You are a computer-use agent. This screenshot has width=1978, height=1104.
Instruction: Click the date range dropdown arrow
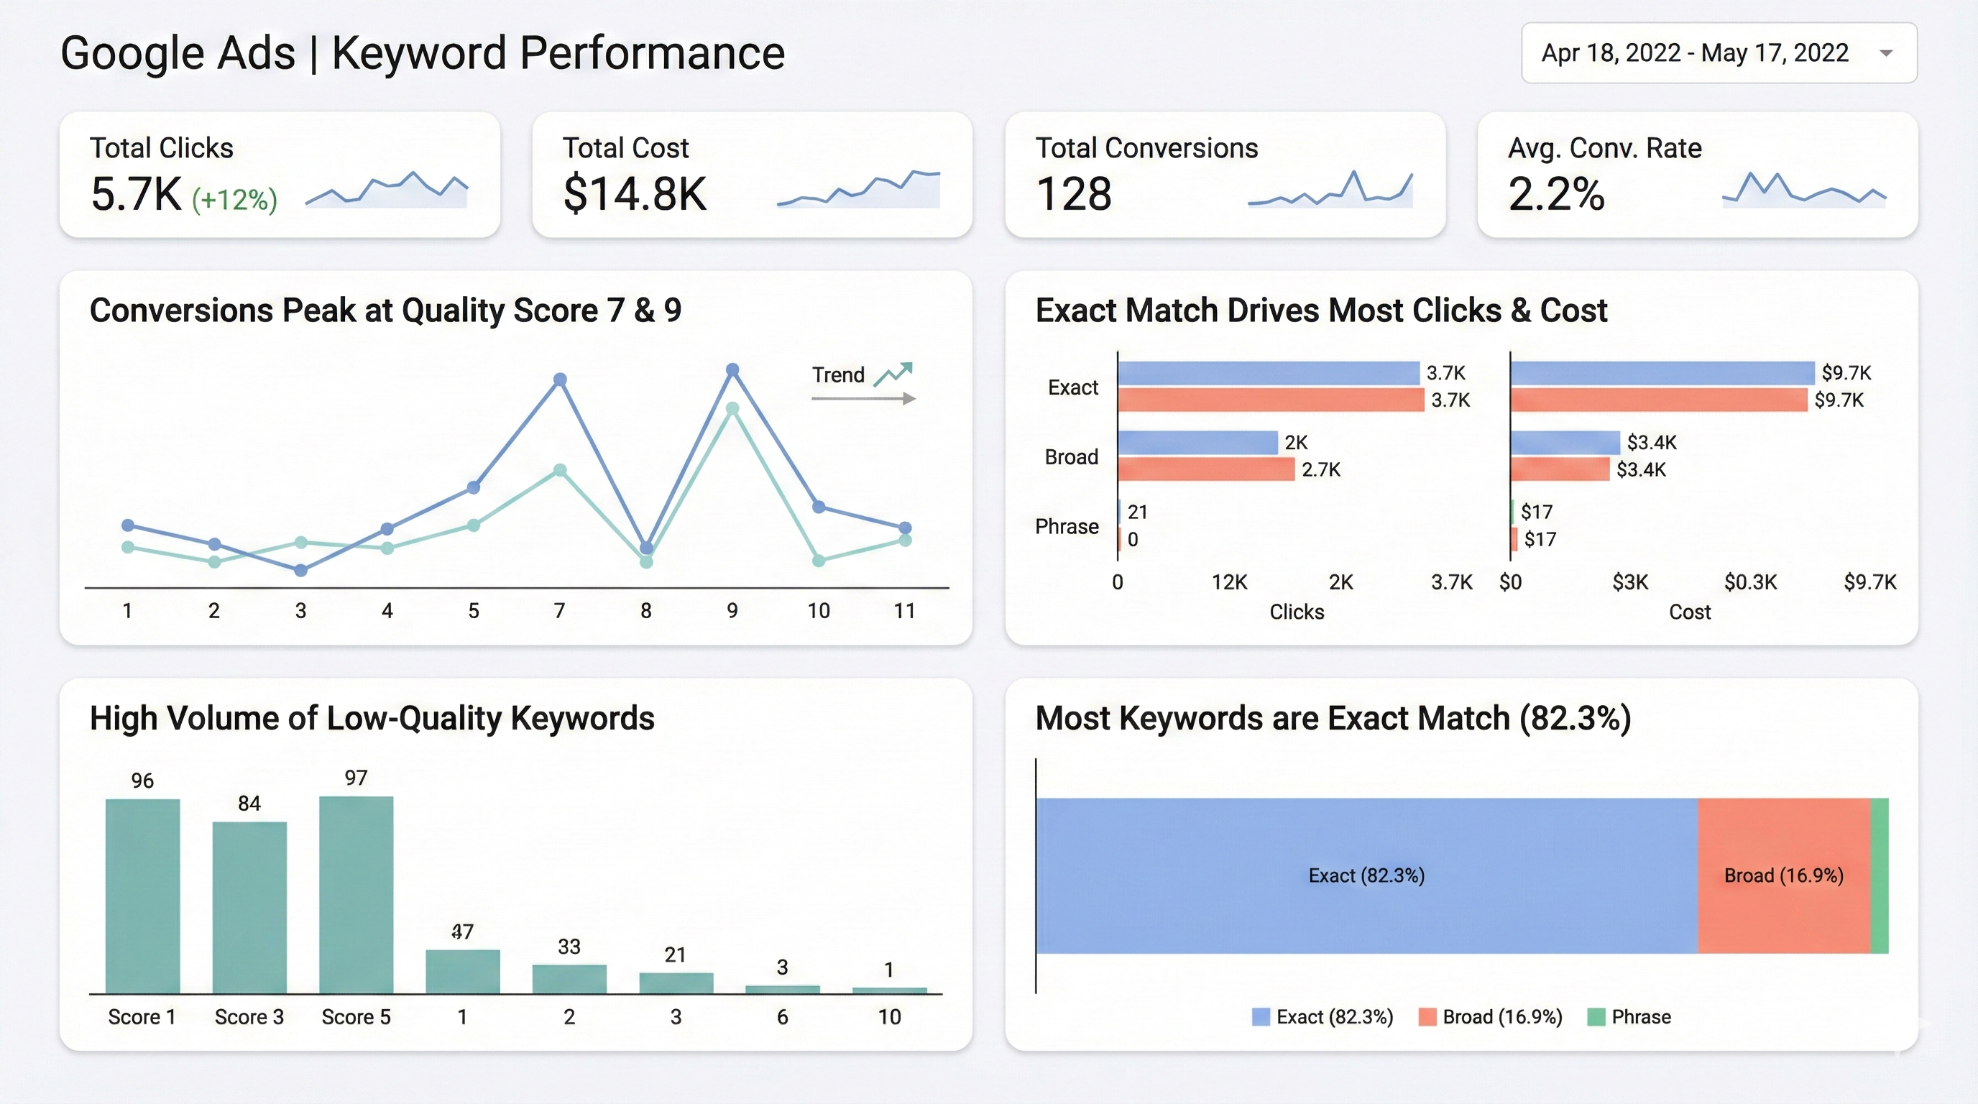point(1886,53)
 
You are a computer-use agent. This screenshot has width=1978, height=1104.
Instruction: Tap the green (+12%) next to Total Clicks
point(234,200)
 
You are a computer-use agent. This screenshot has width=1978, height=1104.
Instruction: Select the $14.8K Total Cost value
point(634,193)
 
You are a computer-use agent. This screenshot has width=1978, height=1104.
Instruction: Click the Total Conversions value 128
point(1074,193)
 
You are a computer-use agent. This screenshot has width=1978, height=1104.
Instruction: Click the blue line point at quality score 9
point(732,370)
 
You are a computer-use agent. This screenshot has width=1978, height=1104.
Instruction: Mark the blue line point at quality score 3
point(301,571)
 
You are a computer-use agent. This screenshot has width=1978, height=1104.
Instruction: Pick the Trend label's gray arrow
point(864,398)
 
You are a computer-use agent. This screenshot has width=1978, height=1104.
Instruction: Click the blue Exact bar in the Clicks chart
point(1269,373)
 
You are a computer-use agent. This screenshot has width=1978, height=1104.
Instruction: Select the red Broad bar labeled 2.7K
point(1206,469)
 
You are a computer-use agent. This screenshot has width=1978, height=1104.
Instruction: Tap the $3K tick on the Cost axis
point(1629,582)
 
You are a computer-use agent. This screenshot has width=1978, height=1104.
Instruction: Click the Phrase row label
point(1067,527)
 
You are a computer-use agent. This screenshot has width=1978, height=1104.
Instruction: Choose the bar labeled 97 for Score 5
point(356,894)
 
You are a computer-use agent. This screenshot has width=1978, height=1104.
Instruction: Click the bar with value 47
point(462,971)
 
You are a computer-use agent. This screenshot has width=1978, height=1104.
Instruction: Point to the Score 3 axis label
point(249,1016)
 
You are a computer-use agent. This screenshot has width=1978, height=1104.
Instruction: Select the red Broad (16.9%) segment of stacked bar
point(1783,876)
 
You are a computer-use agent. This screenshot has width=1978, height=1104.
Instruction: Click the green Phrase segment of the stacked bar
point(1879,876)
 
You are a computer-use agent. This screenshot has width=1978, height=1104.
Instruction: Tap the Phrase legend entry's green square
point(1596,1016)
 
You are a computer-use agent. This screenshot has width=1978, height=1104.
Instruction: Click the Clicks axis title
point(1296,612)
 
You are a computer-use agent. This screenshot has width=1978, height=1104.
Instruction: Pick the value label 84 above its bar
point(249,803)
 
